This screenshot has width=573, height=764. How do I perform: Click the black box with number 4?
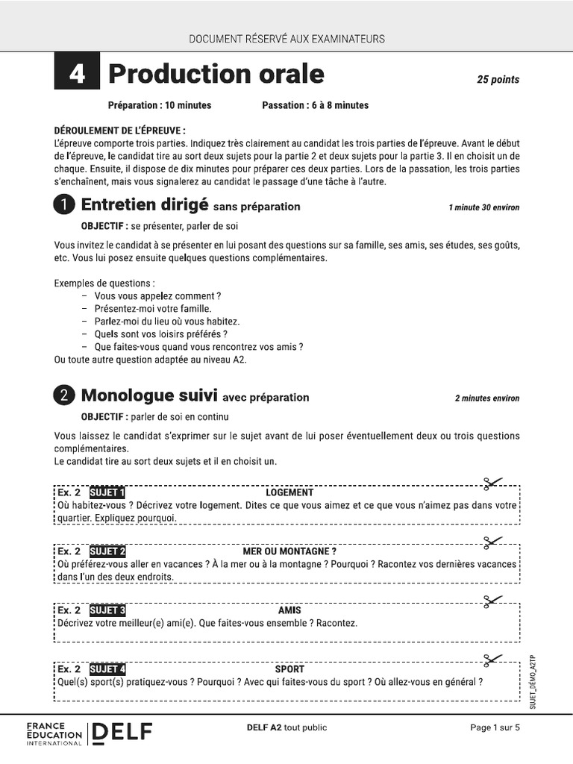77,75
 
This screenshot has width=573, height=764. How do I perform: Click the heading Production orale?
216,74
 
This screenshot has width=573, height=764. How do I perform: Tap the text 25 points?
498,80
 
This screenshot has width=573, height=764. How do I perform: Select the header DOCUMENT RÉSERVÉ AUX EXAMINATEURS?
286,39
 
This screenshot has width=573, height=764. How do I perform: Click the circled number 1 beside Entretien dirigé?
64,205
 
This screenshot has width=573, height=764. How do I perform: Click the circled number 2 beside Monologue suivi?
64,396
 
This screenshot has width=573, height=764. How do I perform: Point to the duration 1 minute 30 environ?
483,207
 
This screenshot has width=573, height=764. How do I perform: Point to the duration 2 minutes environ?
486,398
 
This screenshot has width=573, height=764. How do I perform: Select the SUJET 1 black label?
107,492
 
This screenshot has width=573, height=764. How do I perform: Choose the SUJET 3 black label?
107,610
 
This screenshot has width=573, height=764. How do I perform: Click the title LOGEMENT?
289,492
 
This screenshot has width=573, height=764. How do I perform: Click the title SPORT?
289,669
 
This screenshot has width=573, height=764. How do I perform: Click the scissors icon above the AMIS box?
492,600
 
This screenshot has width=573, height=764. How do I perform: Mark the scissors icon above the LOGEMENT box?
492,483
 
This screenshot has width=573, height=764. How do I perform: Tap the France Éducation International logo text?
54,733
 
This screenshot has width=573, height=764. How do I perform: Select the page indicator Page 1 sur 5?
495,728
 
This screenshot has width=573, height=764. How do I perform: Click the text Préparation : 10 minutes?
160,105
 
